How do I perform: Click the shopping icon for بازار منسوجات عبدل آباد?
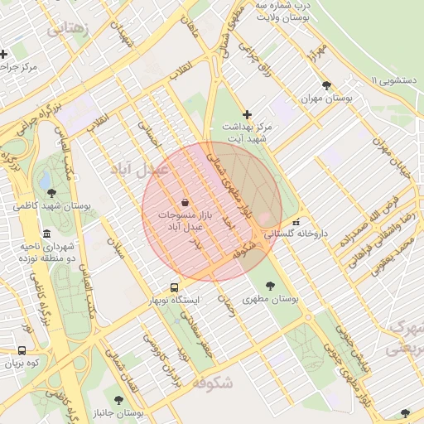[x=184, y=202]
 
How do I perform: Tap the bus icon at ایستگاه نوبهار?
[x=174, y=287]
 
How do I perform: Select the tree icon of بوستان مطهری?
[x=271, y=286]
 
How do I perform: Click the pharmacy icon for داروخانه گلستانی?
[x=296, y=222]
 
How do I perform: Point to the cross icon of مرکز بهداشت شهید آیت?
[x=247, y=114]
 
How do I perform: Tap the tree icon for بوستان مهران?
[x=327, y=85]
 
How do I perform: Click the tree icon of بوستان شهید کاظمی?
[x=51, y=192]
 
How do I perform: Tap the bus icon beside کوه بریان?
[x=22, y=350]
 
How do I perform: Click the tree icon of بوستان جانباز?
[x=118, y=399]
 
